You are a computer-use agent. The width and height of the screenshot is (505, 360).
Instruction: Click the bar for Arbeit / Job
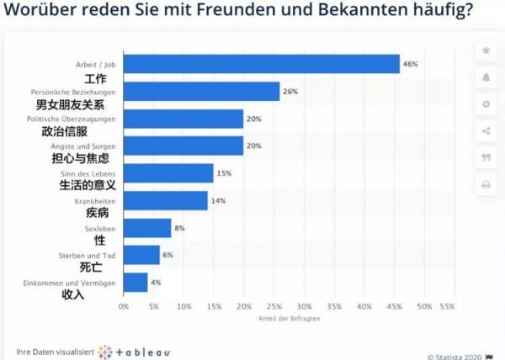[261, 64]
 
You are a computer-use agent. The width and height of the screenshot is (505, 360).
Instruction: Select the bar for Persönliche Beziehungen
[201, 91]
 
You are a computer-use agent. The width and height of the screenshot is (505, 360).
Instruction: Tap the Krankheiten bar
[165, 200]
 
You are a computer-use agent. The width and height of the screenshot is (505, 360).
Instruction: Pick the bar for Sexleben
[147, 228]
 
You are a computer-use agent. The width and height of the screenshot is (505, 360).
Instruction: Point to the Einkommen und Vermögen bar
[136, 283]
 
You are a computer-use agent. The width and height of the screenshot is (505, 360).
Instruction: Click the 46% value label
[411, 64]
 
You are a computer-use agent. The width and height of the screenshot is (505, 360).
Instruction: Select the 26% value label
[291, 91]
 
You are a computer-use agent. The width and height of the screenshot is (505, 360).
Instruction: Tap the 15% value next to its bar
[224, 173]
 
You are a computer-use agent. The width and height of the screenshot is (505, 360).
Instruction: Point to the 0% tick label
[124, 306]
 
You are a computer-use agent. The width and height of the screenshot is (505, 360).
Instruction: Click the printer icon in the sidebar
[486, 184]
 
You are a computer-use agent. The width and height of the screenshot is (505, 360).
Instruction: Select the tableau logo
[135, 350]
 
